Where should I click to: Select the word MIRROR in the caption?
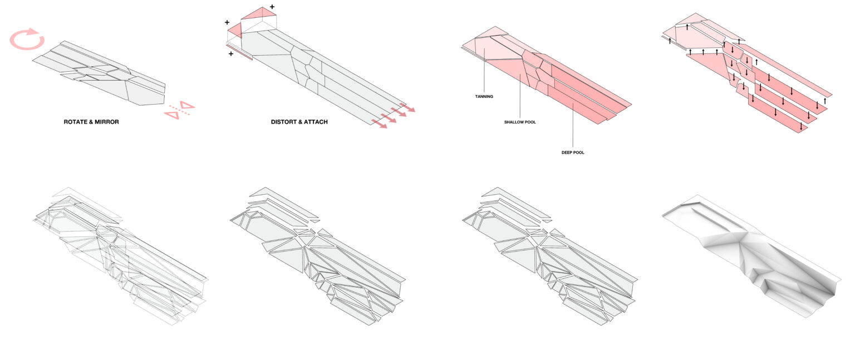(107, 121)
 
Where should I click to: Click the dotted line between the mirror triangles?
(180, 110)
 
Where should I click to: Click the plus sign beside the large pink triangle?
(272, 7)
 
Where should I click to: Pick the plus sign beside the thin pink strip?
(231, 54)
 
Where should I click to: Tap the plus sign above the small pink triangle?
(227, 22)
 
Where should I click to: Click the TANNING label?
(484, 96)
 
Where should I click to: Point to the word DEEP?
(567, 152)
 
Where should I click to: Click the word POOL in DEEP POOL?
(579, 152)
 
